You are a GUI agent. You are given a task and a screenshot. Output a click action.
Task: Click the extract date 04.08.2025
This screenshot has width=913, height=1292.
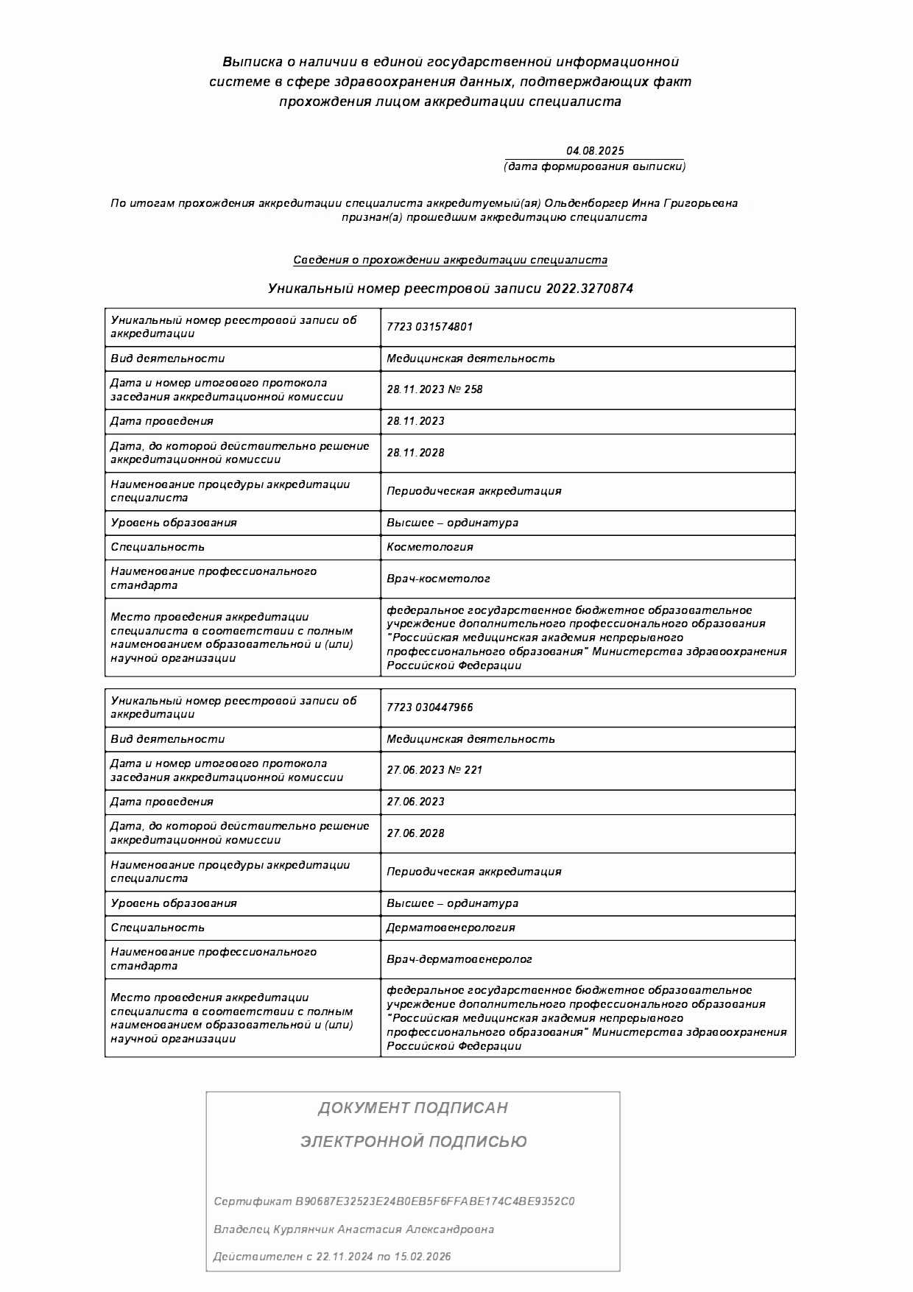594,151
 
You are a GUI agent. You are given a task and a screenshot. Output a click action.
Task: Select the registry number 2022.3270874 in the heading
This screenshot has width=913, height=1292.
589,289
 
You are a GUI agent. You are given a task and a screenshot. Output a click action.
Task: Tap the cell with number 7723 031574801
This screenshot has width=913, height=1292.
429,327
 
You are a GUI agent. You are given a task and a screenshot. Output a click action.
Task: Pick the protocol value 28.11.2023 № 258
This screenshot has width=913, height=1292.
434,389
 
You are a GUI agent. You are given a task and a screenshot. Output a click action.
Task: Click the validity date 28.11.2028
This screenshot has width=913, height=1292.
415,453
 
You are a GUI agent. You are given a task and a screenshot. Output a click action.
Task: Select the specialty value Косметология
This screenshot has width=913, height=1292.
429,547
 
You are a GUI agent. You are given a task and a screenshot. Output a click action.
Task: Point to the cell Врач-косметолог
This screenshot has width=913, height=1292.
438,579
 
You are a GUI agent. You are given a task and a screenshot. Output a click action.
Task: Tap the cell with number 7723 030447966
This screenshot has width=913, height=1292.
429,707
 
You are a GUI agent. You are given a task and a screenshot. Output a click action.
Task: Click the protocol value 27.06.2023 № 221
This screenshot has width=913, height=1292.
434,770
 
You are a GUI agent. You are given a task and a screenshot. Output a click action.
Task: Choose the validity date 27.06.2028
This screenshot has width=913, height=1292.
415,833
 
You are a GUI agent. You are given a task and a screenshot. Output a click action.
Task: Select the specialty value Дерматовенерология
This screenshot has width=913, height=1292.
451,928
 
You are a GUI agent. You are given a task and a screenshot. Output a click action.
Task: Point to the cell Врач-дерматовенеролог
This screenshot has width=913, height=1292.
459,959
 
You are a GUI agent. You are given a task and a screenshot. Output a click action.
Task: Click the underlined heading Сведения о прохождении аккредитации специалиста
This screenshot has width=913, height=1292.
450,260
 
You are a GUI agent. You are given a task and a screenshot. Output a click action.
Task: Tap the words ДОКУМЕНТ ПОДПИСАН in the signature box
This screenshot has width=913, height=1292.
412,1108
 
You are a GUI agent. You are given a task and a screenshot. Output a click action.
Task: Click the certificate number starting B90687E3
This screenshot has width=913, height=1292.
434,1201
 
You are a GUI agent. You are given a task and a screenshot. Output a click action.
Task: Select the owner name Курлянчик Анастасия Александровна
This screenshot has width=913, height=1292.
383,1229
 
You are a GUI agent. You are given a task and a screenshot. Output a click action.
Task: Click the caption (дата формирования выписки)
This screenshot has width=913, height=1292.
594,166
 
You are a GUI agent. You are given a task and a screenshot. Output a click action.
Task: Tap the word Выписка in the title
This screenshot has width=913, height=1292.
253,62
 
